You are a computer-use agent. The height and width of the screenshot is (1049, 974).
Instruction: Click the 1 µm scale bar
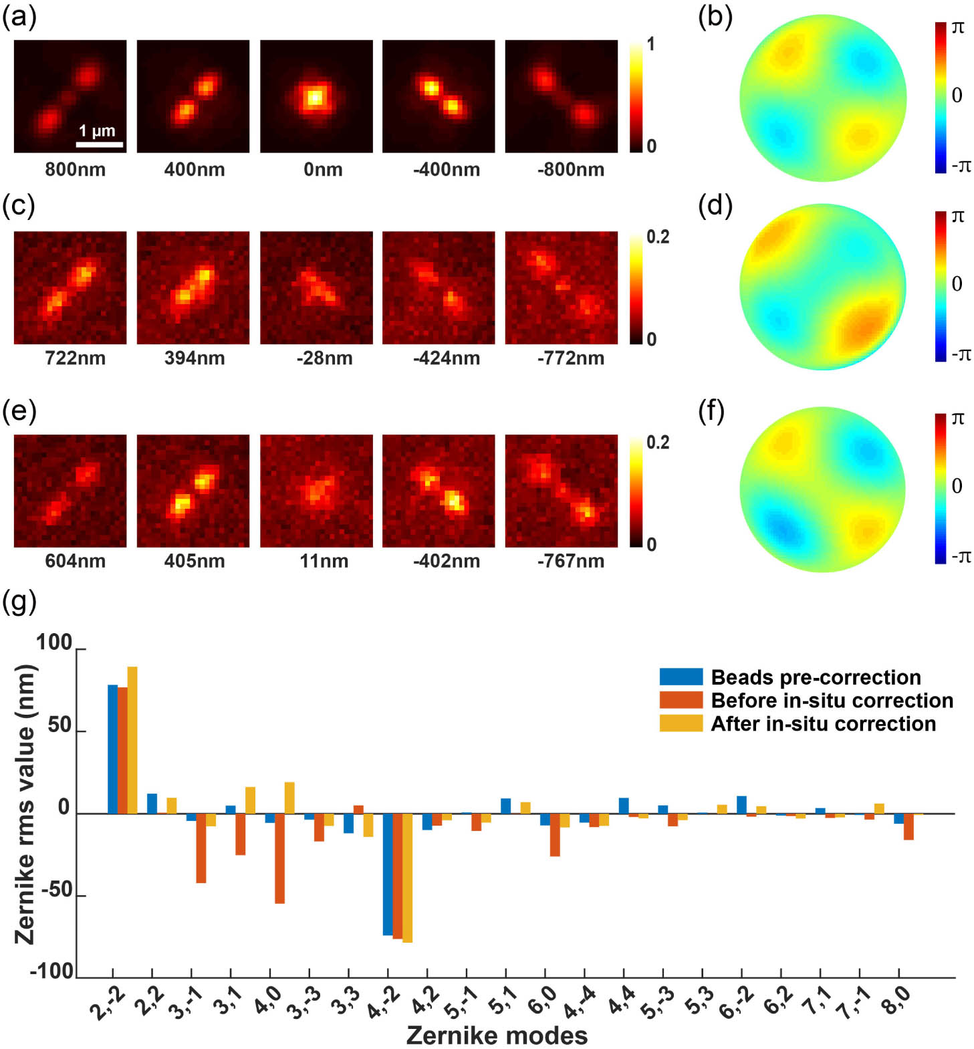(99, 144)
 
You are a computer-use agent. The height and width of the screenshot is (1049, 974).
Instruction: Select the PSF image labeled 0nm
(316, 96)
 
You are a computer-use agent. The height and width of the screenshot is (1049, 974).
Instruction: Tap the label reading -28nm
(324, 358)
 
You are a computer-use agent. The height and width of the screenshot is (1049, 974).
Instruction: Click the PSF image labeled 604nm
(70, 491)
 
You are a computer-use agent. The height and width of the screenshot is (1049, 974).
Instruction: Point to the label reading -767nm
(570, 561)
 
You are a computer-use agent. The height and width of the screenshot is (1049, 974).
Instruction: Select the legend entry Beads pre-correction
(816, 677)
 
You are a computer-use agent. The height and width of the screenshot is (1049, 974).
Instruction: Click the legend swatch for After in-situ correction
(681, 723)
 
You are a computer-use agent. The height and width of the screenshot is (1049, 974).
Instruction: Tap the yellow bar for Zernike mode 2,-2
(132, 739)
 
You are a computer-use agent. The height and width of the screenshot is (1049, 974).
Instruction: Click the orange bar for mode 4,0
(279, 858)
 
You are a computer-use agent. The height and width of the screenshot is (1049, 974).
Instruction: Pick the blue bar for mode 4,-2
(388, 874)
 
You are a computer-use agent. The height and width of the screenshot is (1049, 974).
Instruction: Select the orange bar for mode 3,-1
(201, 848)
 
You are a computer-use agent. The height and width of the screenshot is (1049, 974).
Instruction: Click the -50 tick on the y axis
(57, 890)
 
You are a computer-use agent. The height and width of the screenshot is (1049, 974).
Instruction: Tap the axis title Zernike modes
(497, 1035)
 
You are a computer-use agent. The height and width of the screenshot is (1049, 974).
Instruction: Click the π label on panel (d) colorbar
(957, 217)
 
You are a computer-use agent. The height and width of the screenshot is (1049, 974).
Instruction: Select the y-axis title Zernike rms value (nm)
(25, 804)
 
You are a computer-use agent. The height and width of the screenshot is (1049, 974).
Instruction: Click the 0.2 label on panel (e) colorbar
(658, 443)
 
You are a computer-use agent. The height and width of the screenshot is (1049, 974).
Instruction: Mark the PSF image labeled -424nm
(439, 288)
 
